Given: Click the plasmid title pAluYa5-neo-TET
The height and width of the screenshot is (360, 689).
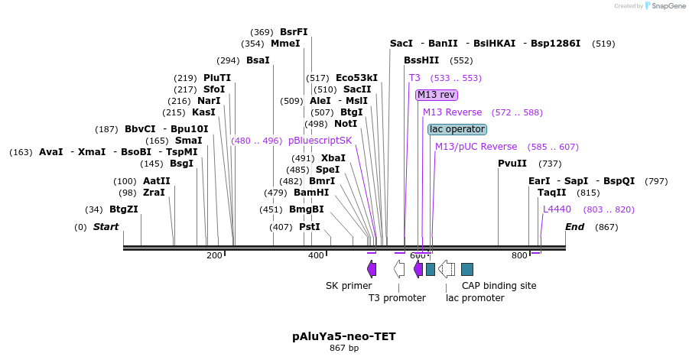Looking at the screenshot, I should pyautogui.click(x=344, y=336).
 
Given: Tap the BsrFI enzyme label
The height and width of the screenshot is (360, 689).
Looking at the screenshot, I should pyautogui.click(x=294, y=32).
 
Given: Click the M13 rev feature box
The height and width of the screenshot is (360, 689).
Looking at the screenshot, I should pyautogui.click(x=437, y=95).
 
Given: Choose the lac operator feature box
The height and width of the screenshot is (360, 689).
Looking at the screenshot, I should pyautogui.click(x=457, y=129).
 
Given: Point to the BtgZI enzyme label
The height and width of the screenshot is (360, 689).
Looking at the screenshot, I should pyautogui.click(x=124, y=209).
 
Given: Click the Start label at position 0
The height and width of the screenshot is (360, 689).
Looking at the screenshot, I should pyautogui.click(x=106, y=227).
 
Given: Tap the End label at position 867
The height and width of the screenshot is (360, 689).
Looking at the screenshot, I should pyautogui.click(x=574, y=227).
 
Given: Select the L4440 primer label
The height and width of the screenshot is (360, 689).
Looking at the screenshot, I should pyautogui.click(x=557, y=209).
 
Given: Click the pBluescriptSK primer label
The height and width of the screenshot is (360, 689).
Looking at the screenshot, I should pyautogui.click(x=320, y=141).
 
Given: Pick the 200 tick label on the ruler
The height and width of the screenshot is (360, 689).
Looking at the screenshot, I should pyautogui.click(x=214, y=255).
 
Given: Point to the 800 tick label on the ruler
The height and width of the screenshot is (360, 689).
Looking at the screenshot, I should pyautogui.click(x=519, y=255).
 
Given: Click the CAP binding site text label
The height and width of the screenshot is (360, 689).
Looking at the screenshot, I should pyautogui.click(x=499, y=286).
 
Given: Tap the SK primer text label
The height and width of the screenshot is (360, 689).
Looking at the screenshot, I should pyautogui.click(x=349, y=286).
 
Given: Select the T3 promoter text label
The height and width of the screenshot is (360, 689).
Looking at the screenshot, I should pyautogui.click(x=397, y=298).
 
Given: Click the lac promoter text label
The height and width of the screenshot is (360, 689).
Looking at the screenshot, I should pyautogui.click(x=475, y=298).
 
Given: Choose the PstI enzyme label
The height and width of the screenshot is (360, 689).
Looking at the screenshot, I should pyautogui.click(x=309, y=227).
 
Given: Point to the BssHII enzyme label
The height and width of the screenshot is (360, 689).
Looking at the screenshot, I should pyautogui.click(x=421, y=60).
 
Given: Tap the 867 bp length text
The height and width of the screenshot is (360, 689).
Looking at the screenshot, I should pyautogui.click(x=344, y=349).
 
